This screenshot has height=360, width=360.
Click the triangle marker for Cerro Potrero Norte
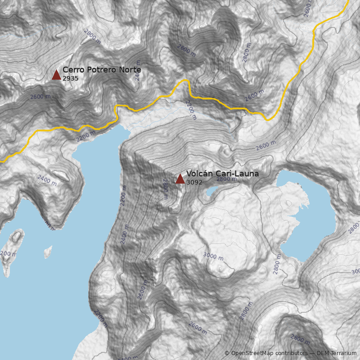(x=56, y=75)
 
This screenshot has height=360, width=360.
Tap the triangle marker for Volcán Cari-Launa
(x=180, y=179)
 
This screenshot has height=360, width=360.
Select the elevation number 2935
(x=71, y=78)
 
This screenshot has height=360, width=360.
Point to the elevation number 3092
(x=194, y=182)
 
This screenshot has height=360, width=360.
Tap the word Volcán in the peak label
(x=200, y=174)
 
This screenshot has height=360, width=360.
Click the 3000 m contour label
(x=213, y=256)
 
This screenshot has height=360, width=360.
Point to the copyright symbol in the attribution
(x=227, y=353)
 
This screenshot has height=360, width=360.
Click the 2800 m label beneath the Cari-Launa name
(x=226, y=179)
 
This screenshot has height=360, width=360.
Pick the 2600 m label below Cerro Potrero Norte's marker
(x=40, y=97)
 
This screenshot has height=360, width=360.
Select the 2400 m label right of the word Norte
(x=138, y=71)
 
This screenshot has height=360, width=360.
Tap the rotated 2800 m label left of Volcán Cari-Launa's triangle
(x=165, y=189)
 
